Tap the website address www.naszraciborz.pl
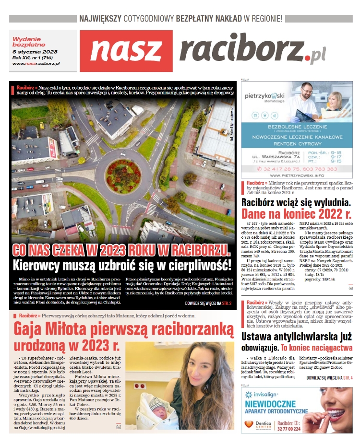(36, 63)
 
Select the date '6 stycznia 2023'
(35, 52)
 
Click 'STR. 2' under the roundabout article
(227, 304)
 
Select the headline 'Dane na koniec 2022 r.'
(296, 213)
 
